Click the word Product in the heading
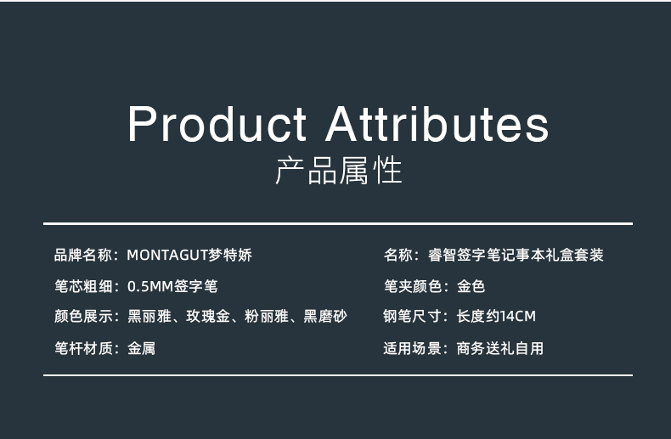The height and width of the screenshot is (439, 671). tap(217, 124)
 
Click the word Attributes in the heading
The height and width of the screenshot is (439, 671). tap(437, 124)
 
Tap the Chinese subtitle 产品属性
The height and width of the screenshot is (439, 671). tap(339, 171)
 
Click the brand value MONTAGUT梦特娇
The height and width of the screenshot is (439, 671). tap(189, 255)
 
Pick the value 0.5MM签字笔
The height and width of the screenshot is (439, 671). tap(172, 286)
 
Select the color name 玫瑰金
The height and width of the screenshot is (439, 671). tap(208, 316)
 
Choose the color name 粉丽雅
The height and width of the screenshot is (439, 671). tap(267, 316)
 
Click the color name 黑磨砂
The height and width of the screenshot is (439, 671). tap(325, 316)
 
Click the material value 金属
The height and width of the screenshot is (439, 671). tap(141, 348)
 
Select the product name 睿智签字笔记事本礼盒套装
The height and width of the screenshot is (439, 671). tap(516, 255)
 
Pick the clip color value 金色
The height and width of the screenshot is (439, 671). tap(471, 286)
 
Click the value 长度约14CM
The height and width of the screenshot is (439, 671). tap(496, 316)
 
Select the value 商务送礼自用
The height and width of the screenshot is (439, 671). tap(499, 348)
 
